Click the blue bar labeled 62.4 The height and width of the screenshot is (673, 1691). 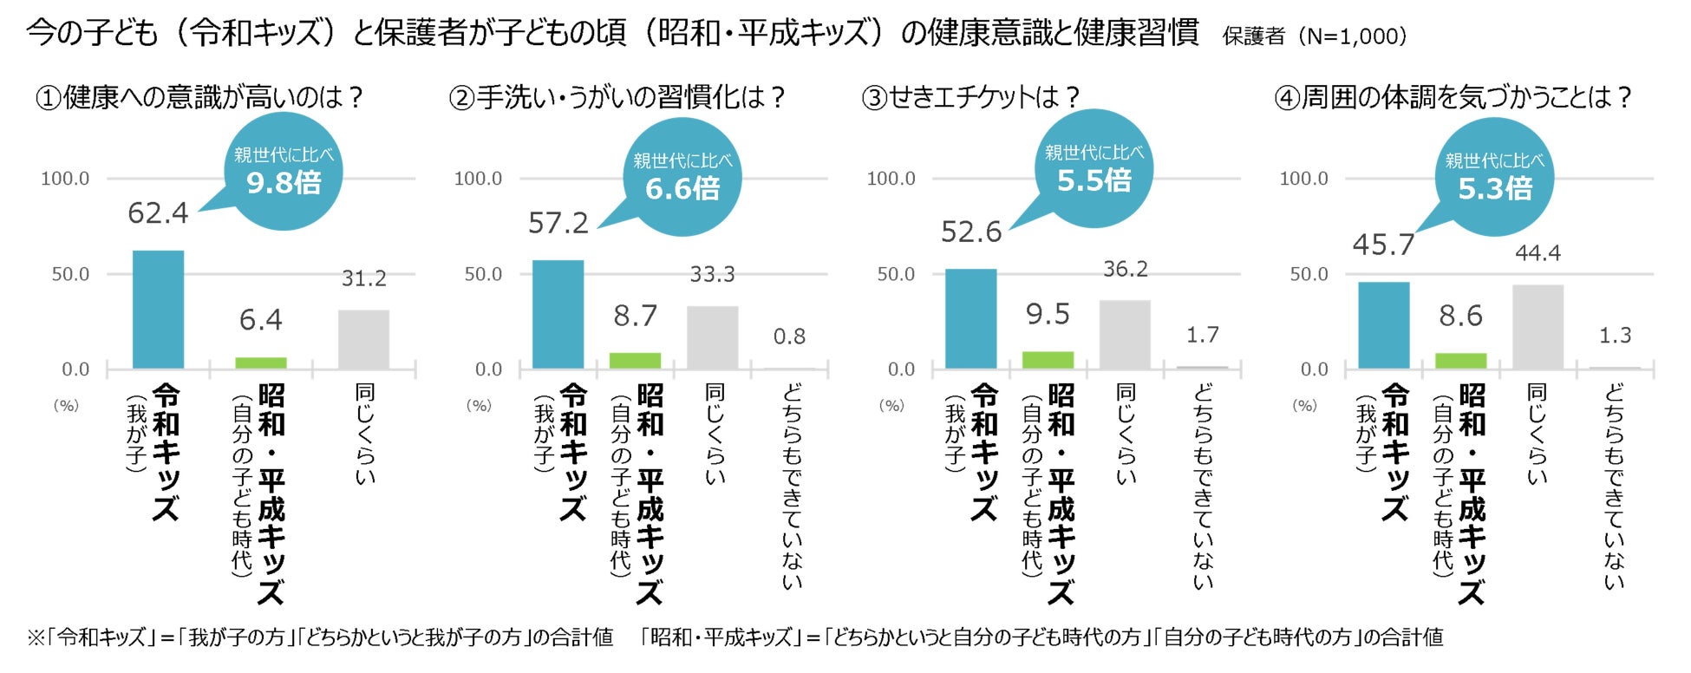click(x=158, y=310)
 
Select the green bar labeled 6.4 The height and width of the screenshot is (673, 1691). click(x=261, y=363)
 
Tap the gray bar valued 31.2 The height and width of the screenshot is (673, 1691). click(x=363, y=339)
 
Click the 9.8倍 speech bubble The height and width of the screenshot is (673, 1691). click(x=284, y=172)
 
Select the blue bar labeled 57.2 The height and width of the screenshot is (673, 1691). click(x=558, y=314)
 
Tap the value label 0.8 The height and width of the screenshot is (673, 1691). click(x=789, y=336)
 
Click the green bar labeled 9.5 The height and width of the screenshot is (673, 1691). click(x=1048, y=360)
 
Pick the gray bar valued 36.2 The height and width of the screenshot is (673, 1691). click(x=1125, y=335)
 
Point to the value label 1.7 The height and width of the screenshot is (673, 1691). click(x=1202, y=335)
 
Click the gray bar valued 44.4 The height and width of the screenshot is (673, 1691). click(x=1538, y=327)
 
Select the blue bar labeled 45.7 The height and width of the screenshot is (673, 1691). click(x=1383, y=325)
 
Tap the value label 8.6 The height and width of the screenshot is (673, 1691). click(x=1460, y=316)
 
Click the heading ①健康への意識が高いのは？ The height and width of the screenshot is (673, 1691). click(x=199, y=97)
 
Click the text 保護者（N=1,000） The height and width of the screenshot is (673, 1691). click(x=1314, y=36)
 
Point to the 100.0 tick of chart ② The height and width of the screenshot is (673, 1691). click(x=478, y=179)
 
